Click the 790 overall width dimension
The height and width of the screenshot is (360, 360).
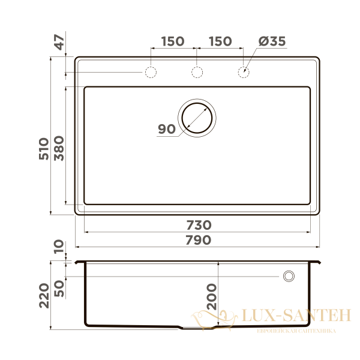pyautogui.click(x=197, y=240)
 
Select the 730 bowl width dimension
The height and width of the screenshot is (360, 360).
pyautogui.click(x=197, y=225)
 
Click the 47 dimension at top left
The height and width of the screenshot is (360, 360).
pyautogui.click(x=58, y=43)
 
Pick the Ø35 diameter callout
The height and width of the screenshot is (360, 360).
pyautogui.click(x=272, y=41)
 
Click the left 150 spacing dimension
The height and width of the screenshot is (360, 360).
pyautogui.click(x=172, y=41)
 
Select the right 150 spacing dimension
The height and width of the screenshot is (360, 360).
pyautogui.click(x=220, y=41)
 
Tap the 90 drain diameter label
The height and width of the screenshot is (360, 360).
pyautogui.click(x=166, y=129)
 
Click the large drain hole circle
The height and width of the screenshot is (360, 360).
pyautogui.click(x=196, y=116)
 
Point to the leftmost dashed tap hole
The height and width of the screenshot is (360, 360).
pyautogui.click(x=150, y=73)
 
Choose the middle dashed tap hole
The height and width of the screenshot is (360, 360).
pyautogui.click(x=197, y=73)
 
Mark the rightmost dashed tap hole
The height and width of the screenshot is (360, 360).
pyautogui.click(x=244, y=73)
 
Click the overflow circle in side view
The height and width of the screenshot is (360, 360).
pyautogui.click(x=289, y=275)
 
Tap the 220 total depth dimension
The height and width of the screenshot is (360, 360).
pyautogui.click(x=44, y=296)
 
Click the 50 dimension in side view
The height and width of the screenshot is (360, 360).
pyautogui.click(x=58, y=288)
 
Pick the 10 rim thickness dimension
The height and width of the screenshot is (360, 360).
pyautogui.click(x=58, y=247)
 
